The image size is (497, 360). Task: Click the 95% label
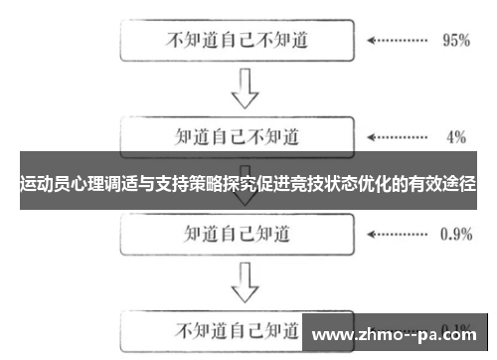455,42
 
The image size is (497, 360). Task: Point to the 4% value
455,135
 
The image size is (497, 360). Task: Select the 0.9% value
455,235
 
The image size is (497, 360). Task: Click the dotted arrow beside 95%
397,42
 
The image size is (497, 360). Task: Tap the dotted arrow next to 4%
397,135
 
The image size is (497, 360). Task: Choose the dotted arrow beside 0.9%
397,235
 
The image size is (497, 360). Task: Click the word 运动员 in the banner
46,184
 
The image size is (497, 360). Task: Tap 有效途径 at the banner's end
442,184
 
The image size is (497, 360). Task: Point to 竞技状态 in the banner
323,184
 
